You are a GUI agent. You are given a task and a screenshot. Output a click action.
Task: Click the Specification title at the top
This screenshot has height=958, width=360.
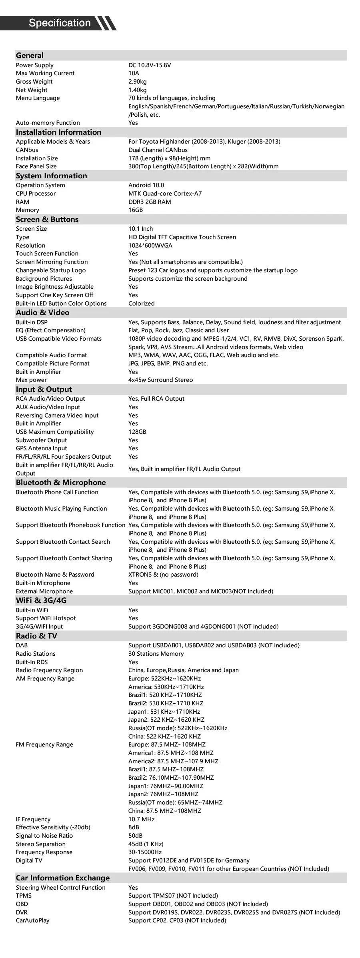[x=60, y=23]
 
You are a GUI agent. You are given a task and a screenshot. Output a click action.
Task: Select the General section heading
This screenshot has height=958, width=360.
[x=30, y=56]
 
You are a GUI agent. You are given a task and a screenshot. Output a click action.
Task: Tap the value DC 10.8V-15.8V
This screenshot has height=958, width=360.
[x=150, y=65]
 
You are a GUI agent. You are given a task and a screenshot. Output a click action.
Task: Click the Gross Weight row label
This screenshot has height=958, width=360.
[x=34, y=82]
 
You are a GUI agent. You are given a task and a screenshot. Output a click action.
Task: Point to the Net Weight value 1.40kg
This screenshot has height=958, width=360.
[x=137, y=90]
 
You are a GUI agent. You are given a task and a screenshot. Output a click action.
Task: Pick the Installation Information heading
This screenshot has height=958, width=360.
[x=58, y=132]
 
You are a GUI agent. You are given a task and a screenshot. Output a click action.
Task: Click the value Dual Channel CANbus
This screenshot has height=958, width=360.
[x=158, y=150]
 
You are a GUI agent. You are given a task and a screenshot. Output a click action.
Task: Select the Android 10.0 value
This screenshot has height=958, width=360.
[x=146, y=185]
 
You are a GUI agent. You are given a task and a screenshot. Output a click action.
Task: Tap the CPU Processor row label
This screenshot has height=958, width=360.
[x=36, y=194]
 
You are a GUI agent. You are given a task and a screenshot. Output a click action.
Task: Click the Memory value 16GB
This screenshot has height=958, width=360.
[x=135, y=210]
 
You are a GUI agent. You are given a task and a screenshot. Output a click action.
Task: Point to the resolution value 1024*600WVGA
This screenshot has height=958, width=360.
[x=150, y=245]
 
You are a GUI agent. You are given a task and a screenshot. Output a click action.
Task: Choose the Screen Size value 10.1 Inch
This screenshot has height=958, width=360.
[x=140, y=229]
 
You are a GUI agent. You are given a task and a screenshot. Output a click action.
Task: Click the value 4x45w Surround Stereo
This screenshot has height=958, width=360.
[x=160, y=380]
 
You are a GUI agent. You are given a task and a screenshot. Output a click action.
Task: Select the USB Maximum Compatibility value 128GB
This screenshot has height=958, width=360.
[x=137, y=432]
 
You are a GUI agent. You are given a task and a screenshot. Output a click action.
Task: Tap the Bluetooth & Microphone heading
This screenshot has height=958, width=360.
[x=61, y=483]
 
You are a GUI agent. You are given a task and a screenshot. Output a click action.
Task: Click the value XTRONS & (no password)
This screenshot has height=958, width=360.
[x=163, y=575]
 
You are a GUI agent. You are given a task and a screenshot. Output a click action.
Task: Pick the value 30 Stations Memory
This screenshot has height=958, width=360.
[x=156, y=654]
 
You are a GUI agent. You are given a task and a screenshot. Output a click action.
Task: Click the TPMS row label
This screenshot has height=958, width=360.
[x=23, y=896]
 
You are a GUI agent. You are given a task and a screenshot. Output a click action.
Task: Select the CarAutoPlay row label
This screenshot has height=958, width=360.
[x=32, y=920]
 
